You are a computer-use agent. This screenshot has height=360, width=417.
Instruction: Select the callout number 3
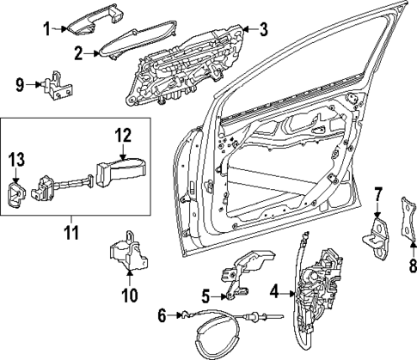[x=264, y=29]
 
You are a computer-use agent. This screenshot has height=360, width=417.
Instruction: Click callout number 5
[x=206, y=297]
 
